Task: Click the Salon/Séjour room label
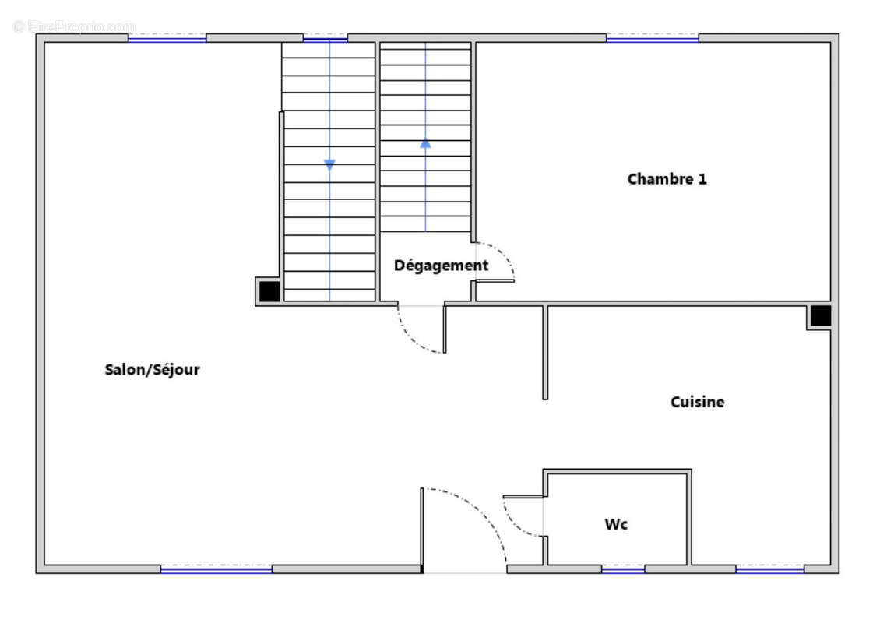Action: (x=152, y=369)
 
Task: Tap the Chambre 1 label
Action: (x=667, y=179)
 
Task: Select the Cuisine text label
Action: (x=698, y=402)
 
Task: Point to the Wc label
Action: (x=616, y=525)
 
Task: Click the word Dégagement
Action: (x=442, y=266)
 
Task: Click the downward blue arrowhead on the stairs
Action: (x=329, y=164)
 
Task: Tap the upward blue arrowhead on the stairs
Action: (x=425, y=144)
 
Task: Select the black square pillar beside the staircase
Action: (x=269, y=291)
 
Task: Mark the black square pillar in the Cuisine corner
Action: (x=821, y=315)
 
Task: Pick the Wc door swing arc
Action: (x=512, y=523)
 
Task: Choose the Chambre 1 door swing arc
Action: (x=502, y=252)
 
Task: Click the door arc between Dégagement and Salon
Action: (x=411, y=340)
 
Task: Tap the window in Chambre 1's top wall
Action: (x=653, y=38)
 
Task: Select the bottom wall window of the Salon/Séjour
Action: (x=216, y=568)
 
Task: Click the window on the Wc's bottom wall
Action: (x=623, y=568)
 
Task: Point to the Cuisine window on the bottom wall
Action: (x=770, y=568)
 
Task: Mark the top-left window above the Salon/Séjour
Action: (x=167, y=38)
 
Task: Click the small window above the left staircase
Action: (x=326, y=38)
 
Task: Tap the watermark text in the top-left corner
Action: (x=74, y=26)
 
